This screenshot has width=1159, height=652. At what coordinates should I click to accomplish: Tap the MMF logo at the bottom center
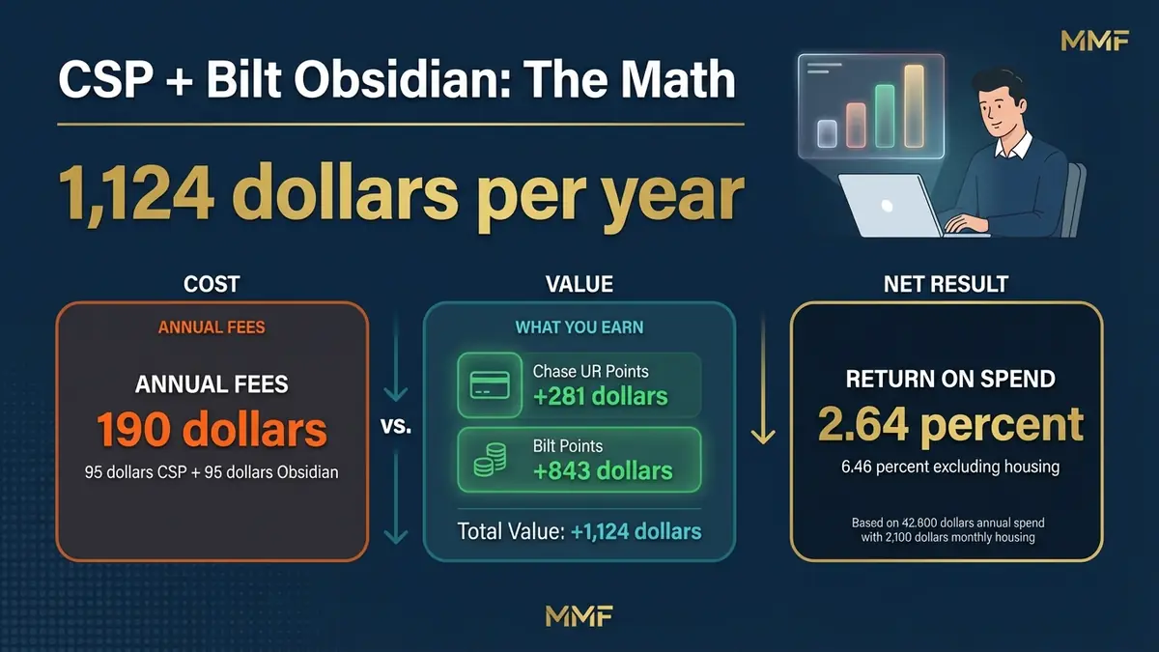579,615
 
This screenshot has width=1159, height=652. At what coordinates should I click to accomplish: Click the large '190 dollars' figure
212,431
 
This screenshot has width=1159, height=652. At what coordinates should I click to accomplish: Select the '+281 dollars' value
600,396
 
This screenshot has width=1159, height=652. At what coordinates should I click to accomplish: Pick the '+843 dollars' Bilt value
602,470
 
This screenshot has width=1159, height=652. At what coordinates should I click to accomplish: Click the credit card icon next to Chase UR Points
489,385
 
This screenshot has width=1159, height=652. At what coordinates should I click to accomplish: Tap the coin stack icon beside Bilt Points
489,460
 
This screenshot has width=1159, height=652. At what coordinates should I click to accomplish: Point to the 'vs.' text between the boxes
397,426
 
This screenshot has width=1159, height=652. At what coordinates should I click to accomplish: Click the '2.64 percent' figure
950,425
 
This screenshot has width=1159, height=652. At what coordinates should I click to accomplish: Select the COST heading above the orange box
212,284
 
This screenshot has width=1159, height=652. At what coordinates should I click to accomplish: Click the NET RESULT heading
946,284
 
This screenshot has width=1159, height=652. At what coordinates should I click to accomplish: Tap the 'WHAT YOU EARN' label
579,327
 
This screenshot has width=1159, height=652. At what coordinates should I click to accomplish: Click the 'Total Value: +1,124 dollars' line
579,531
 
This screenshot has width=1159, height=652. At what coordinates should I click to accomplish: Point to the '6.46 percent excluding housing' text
950,468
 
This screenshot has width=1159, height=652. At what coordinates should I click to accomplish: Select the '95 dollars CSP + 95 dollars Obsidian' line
212,473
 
